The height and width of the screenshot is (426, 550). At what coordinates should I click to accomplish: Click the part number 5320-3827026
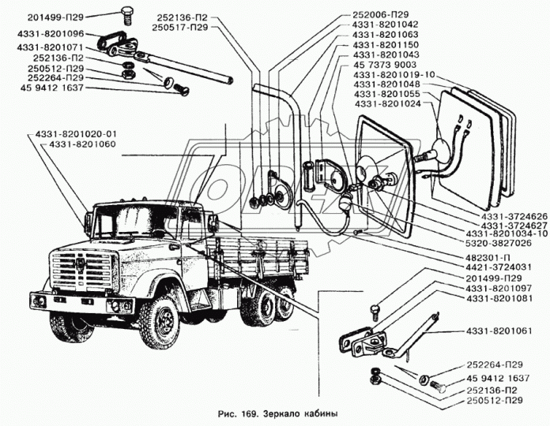(x=501, y=244)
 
